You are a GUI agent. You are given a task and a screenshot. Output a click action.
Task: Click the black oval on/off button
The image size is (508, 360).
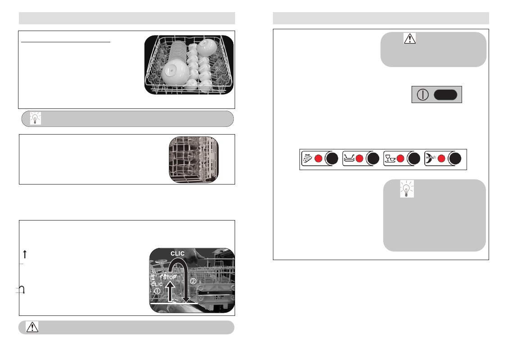click(x=445, y=95)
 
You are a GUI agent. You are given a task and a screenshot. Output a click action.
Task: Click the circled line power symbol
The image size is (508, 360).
click(x=423, y=95)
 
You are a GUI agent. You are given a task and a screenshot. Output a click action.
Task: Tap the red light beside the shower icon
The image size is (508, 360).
click(x=318, y=159)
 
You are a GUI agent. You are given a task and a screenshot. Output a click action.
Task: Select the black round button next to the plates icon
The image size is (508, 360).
click(x=373, y=159)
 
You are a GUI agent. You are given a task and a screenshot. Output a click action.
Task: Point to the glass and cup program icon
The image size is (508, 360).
click(x=390, y=159)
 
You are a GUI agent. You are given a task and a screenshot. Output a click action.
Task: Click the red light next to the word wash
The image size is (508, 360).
click(x=441, y=159)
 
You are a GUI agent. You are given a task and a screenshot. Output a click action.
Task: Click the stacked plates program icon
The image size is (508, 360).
click(x=349, y=158)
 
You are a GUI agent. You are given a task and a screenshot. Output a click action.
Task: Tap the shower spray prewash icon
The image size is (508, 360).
click(x=308, y=158)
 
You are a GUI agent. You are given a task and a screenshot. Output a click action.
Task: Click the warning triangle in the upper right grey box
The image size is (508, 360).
click(x=410, y=39)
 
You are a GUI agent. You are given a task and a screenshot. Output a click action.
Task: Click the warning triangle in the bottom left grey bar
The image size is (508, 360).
click(x=32, y=327)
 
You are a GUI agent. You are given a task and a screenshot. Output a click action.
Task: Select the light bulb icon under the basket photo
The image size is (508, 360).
click(x=36, y=118)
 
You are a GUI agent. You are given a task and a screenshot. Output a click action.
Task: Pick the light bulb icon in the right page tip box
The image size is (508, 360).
click(x=407, y=189)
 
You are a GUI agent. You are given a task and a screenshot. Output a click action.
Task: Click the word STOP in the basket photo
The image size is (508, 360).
click(x=170, y=278)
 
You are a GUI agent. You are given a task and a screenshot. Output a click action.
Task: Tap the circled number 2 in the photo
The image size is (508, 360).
click(x=193, y=281)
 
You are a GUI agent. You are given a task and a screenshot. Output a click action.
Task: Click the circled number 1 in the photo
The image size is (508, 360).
click(x=157, y=291)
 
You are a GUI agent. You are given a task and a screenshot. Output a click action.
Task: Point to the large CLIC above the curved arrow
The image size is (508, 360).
click(x=177, y=253)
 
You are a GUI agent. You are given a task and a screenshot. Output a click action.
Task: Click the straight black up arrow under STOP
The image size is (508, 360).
click(x=170, y=291)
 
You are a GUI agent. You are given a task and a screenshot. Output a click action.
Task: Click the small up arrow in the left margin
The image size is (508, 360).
click(x=25, y=254)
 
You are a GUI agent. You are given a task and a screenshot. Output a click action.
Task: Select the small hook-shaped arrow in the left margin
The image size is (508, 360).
click(x=23, y=289)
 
